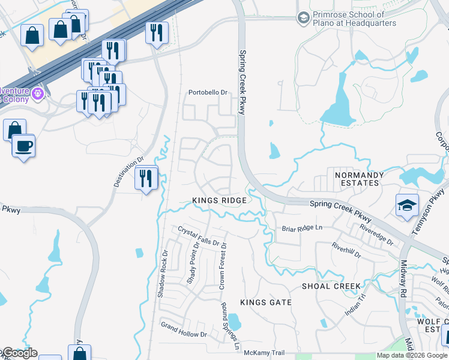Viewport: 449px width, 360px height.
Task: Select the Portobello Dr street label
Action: pyautogui.click(x=208, y=92)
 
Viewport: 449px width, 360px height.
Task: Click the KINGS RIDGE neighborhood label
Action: pyautogui.click(x=219, y=200)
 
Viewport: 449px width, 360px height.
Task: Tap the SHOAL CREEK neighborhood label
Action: pyautogui.click(x=331, y=286)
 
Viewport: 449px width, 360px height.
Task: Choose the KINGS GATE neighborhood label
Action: pyautogui.click(x=266, y=303)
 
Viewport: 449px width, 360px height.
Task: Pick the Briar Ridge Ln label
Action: pyautogui.click(x=302, y=228)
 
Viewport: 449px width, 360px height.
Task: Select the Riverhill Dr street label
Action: pyautogui.click(x=346, y=250)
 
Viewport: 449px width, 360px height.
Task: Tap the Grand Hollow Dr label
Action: pyautogui.click(x=184, y=329)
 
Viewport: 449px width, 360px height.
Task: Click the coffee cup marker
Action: pyautogui.click(x=23, y=146)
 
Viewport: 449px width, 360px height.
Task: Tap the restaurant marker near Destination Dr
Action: pyautogui.click(x=146, y=178)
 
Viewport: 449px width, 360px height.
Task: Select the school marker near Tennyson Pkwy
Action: pyautogui.click(x=407, y=205)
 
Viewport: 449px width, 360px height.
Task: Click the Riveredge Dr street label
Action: pyautogui.click(x=377, y=235)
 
